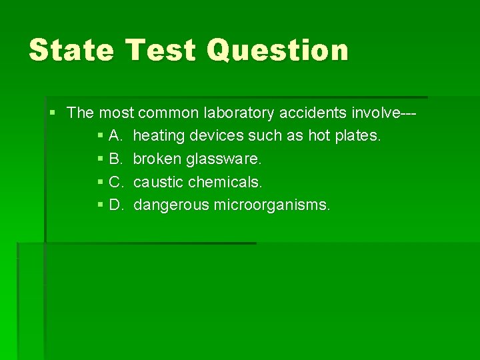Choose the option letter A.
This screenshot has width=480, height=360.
(x=115, y=136)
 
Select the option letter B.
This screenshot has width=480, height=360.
(x=115, y=159)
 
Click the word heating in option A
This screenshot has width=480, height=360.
(x=159, y=136)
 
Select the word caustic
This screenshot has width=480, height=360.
(x=158, y=182)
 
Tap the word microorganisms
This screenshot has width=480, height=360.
(x=271, y=205)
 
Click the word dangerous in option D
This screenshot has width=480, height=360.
(x=171, y=205)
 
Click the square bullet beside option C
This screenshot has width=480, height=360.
(x=100, y=181)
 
